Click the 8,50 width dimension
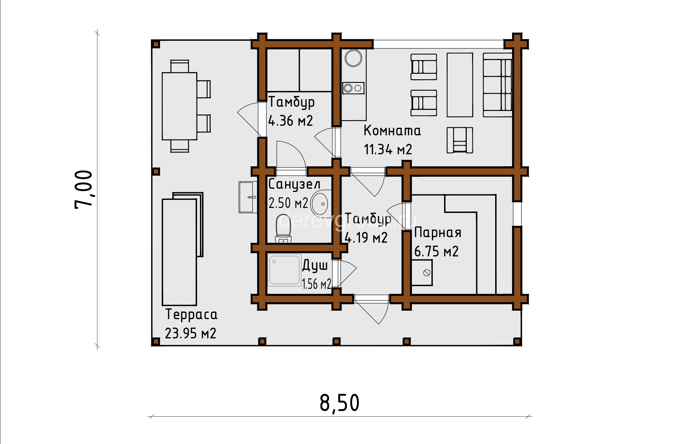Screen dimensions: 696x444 (339, 403)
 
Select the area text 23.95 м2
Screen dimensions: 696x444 (190, 333)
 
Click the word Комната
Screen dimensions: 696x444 (392, 130)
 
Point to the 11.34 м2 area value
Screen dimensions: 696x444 (388, 149)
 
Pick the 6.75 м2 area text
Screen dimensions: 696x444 (436, 251)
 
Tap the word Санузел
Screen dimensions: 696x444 (294, 184)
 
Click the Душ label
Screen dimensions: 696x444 (315, 265)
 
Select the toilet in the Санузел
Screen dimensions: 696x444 (283, 228)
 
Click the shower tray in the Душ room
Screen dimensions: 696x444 (284, 270)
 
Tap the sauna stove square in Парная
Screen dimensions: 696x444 (422, 273)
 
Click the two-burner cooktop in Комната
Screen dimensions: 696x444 (353, 88)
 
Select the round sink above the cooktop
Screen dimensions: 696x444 (353, 58)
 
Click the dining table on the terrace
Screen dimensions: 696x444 (180, 106)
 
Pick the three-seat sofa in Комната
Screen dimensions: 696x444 (497, 85)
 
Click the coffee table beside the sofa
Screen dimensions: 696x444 (460, 85)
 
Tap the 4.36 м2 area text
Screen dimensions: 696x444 (290, 121)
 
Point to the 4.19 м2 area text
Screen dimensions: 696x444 (366, 238)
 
